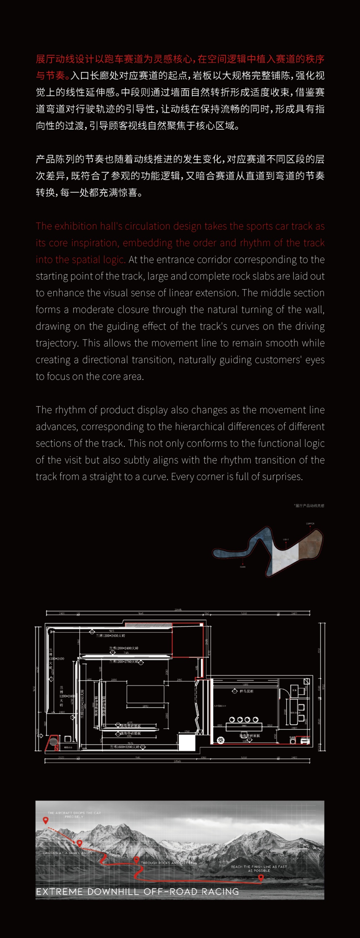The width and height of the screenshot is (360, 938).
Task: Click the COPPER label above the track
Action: point(310,524)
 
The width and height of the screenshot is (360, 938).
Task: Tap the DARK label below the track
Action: point(243,567)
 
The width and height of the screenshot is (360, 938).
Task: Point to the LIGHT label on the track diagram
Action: point(286,539)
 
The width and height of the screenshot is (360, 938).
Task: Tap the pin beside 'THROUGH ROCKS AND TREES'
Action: point(136,860)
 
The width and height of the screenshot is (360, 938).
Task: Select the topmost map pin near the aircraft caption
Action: point(45,820)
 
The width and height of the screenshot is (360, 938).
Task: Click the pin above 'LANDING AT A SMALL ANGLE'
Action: point(80,843)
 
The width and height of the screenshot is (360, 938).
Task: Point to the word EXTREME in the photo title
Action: point(59,892)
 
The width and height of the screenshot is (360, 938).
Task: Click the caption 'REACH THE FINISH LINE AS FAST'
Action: point(259,867)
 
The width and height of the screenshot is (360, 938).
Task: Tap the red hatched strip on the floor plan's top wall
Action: point(148,625)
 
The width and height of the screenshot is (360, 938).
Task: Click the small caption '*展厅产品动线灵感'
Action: point(309,506)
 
